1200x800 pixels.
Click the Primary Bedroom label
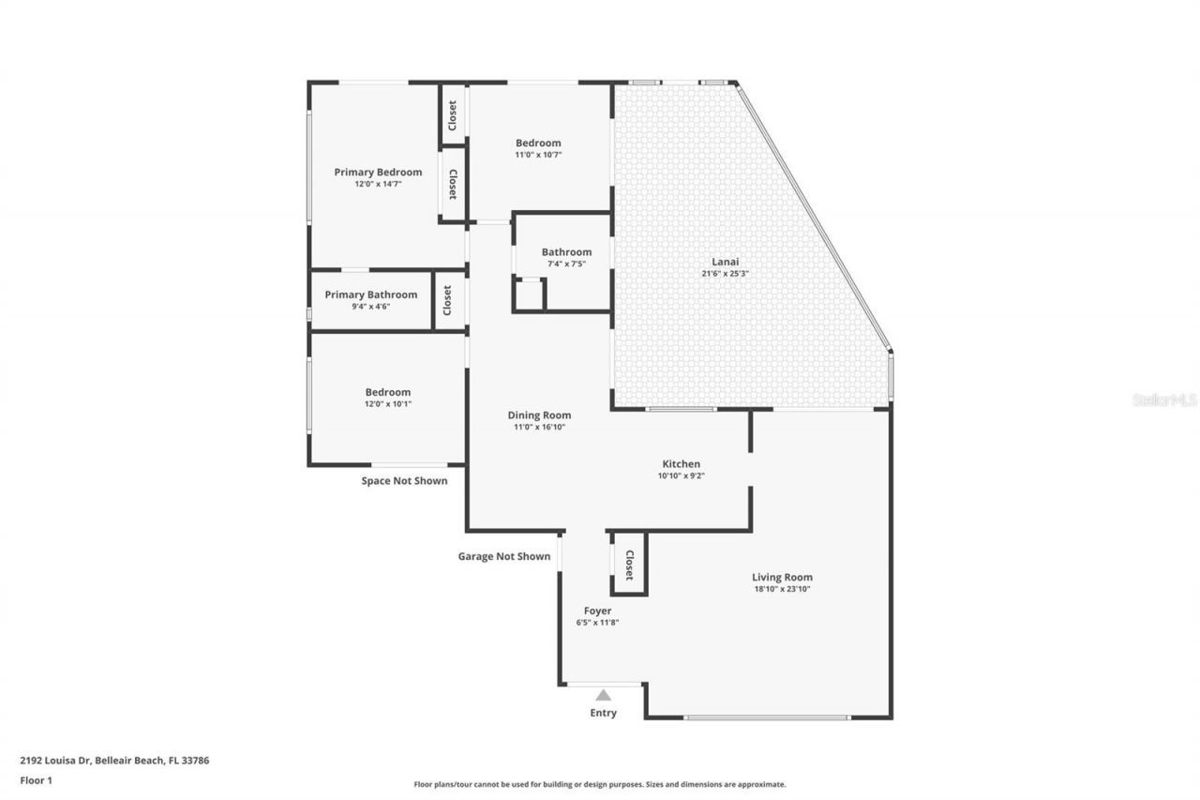pos(378,173)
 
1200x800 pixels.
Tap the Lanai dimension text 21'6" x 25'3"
pos(726,274)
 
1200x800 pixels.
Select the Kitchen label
pos(682,464)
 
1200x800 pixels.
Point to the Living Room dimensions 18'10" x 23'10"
pos(782,589)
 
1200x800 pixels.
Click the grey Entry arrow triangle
pos(604,695)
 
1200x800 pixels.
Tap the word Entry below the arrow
pos(604,713)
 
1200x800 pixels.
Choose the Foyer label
pos(597,611)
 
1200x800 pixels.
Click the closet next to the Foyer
pos(629,565)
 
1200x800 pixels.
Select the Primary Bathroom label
pos(370,294)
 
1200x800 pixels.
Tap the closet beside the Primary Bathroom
pos(448,300)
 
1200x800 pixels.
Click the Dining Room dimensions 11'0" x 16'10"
pos(539,427)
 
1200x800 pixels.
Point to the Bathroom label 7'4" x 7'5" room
pos(566,252)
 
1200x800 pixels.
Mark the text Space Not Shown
pos(404,480)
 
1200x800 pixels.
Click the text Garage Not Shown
pos(503,556)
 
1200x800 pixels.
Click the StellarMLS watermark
pos(1164,400)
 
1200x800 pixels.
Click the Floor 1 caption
pos(36,779)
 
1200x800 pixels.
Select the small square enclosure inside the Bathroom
pos(529,294)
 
